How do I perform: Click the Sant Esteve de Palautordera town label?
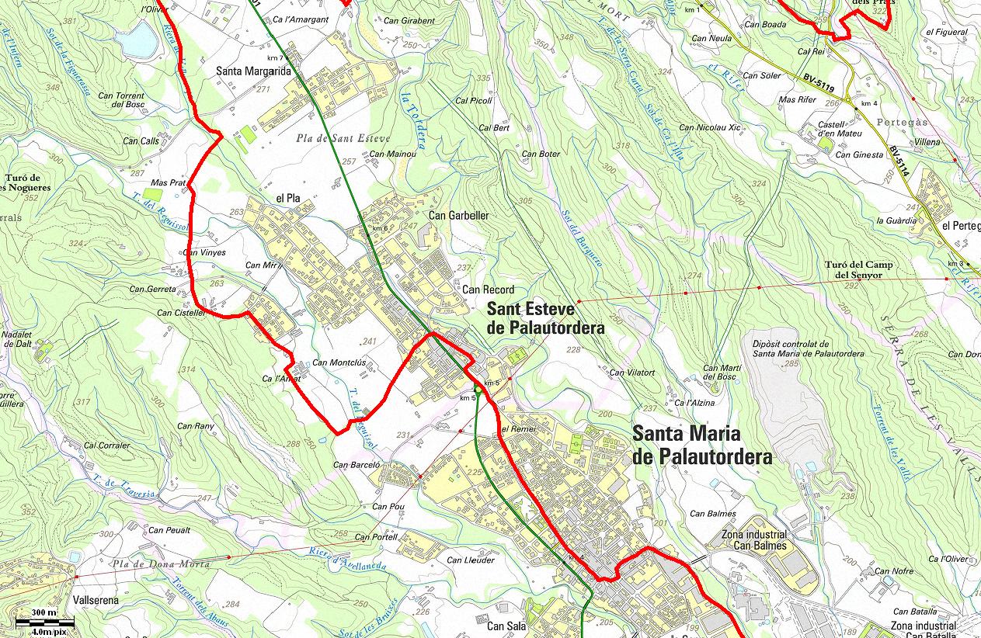click(x=545, y=318)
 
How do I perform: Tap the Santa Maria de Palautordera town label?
click(x=702, y=445)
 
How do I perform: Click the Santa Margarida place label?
click(x=253, y=71)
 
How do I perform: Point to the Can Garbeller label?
click(x=458, y=215)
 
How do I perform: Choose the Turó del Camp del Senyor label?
click(x=858, y=269)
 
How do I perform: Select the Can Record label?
click(x=488, y=290)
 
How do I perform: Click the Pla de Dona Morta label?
click(x=160, y=564)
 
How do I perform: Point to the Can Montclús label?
click(x=339, y=362)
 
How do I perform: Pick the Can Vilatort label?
click(x=631, y=373)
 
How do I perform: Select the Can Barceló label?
click(x=357, y=466)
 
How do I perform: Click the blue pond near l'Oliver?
click(x=141, y=40)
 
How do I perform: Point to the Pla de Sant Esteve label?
click(x=343, y=139)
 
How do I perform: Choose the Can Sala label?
click(x=506, y=626)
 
